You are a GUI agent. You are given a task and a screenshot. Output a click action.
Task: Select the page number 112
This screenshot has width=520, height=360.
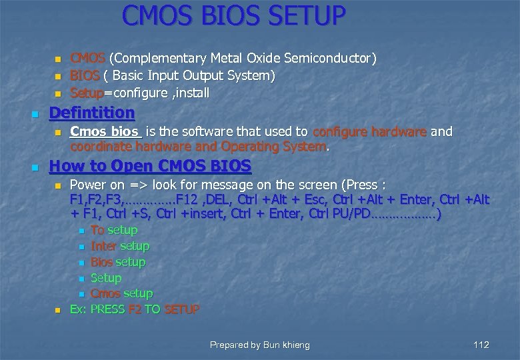coord(481,345)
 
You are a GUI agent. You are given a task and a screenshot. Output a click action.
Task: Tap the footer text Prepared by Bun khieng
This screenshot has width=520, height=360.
coord(259,345)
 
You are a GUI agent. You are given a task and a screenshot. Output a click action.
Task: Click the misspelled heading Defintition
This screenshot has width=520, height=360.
coord(92,112)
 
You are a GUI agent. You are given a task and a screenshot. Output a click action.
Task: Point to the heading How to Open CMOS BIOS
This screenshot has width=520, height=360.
coord(150,166)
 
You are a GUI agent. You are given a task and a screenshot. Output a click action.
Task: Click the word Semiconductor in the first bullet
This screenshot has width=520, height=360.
coord(337,59)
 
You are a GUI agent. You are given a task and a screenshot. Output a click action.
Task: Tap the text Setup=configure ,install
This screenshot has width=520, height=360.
coord(139,92)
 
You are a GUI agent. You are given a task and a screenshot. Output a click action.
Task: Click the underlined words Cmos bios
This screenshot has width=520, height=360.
coord(105,132)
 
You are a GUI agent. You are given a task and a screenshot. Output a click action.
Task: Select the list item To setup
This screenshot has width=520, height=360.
coord(114,230)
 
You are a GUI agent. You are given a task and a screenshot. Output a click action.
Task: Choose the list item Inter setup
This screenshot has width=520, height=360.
coord(120,246)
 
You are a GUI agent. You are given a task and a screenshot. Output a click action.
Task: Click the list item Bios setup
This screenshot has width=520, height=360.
coord(118,262)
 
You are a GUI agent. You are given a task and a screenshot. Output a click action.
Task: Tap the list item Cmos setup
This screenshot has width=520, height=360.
coord(121,293)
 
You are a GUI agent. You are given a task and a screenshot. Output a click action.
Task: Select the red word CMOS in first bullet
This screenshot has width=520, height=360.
coord(83,59)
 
